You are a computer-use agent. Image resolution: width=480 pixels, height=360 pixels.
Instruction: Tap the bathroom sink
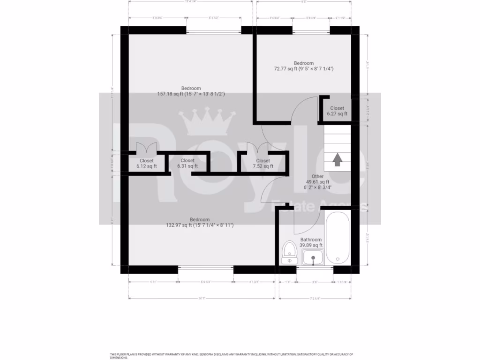[313, 257]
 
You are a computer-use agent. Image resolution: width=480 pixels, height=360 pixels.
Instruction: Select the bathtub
[336, 238]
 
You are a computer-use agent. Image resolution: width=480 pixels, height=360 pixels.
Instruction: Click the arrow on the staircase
[337, 160]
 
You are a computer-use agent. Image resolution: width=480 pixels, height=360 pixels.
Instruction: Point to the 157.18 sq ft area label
[191, 94]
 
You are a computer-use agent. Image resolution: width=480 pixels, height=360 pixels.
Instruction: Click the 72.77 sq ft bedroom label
[303, 68]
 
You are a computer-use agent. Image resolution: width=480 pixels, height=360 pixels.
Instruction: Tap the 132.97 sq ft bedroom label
[200, 225]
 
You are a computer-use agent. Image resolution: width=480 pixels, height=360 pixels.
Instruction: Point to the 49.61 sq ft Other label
[317, 182]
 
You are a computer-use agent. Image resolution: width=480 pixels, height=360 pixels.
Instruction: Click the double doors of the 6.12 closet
[146, 148]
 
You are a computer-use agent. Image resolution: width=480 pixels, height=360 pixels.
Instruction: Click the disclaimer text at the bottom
[232, 355]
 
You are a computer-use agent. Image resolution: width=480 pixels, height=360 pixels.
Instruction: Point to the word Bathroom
[311, 240]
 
